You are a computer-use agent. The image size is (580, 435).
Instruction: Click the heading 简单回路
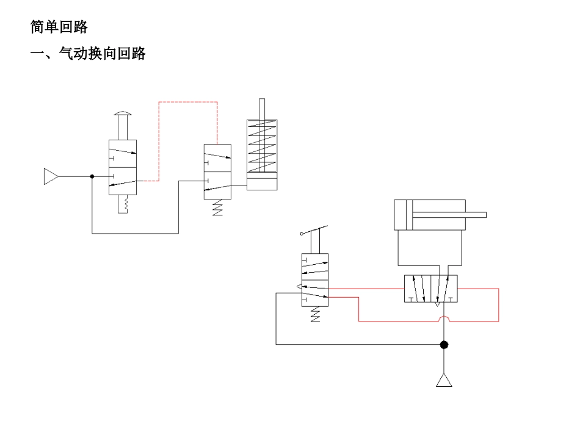[59, 27]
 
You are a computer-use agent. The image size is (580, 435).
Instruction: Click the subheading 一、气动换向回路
[88, 54]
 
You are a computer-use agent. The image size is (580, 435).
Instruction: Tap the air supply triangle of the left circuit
[50, 176]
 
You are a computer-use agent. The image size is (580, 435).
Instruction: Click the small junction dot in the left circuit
[92, 176]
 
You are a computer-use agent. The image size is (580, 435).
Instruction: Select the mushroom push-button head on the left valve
[123, 113]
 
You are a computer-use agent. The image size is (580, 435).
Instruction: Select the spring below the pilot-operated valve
[218, 209]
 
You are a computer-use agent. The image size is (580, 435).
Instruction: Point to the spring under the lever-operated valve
[315, 315]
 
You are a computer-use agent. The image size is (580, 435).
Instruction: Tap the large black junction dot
[444, 345]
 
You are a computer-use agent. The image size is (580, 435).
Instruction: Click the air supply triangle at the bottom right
[444, 381]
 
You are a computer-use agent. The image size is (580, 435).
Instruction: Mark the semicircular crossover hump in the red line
[444, 318]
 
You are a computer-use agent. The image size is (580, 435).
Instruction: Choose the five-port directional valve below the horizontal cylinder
[431, 289]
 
